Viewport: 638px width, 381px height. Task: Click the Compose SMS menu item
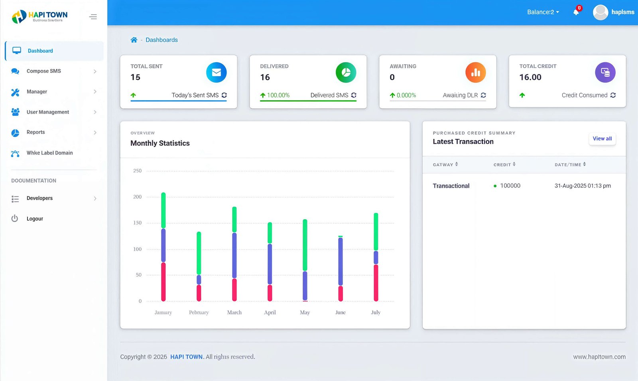pyautogui.click(x=43, y=71)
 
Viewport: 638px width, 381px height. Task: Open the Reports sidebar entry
pyautogui.click(x=35, y=132)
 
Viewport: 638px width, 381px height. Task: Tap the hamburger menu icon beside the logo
pyautogui.click(x=93, y=17)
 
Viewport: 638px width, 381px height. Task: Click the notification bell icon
pyautogui.click(x=576, y=12)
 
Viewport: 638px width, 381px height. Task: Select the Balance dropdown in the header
pyautogui.click(x=543, y=12)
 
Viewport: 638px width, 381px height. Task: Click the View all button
pyautogui.click(x=602, y=139)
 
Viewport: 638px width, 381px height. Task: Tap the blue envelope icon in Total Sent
pyautogui.click(x=216, y=72)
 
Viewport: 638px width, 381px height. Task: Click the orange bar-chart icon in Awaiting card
pyautogui.click(x=475, y=72)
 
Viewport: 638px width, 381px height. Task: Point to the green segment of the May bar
pyautogui.click(x=305, y=244)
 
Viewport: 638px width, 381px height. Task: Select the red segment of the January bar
pyautogui.click(x=163, y=282)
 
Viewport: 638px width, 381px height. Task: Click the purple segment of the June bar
pyautogui.click(x=341, y=261)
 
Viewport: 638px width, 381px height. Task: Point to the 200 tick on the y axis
pyautogui.click(x=137, y=197)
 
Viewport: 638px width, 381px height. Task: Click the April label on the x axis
pyautogui.click(x=270, y=312)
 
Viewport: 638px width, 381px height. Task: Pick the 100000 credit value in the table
pyautogui.click(x=510, y=186)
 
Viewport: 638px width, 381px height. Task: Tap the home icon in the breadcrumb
pyautogui.click(x=134, y=40)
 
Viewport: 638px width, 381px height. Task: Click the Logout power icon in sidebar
pyautogui.click(x=15, y=218)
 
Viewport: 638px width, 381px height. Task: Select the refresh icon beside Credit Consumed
pyautogui.click(x=613, y=95)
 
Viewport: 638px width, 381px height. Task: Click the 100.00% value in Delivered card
pyautogui.click(x=278, y=95)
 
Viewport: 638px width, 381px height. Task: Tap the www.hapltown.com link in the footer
pyautogui.click(x=599, y=357)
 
